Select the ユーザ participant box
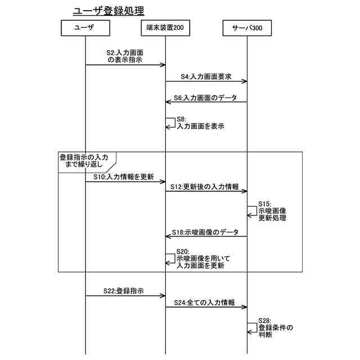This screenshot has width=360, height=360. click(x=84, y=28)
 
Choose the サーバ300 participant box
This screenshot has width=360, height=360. click(x=247, y=28)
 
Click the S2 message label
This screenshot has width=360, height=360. click(x=124, y=55)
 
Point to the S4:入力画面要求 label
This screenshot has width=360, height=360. click(x=205, y=75)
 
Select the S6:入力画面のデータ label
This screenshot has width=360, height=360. click(x=205, y=97)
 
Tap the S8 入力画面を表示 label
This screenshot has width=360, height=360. click(x=200, y=123)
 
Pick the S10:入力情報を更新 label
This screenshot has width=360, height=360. click(x=123, y=177)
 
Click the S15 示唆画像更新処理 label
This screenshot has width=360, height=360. click(x=272, y=210)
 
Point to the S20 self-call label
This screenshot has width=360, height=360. click(x=200, y=259)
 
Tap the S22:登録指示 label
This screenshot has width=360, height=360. click(x=123, y=291)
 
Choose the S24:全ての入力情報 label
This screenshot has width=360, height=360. click(x=204, y=303)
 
